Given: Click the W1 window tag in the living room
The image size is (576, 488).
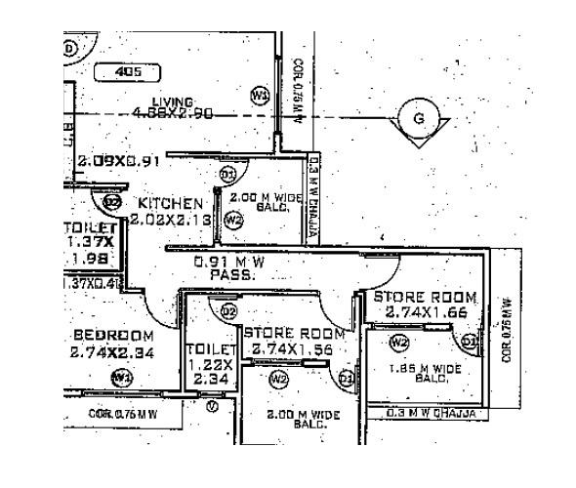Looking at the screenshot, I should pyautogui.click(x=259, y=95).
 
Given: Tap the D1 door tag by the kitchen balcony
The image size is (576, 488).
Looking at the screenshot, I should pyautogui.click(x=227, y=175).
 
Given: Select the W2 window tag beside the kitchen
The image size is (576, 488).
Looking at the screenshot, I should pyautogui.click(x=232, y=221).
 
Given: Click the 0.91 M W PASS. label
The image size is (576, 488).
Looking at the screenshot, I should pyautogui.click(x=230, y=268).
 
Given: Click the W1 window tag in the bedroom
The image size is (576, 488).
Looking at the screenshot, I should pyautogui.click(x=121, y=376).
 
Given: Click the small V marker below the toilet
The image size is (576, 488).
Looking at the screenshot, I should pyautogui.click(x=213, y=405).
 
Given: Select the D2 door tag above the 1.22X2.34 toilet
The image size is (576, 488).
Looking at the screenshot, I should pyautogui.click(x=228, y=311).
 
